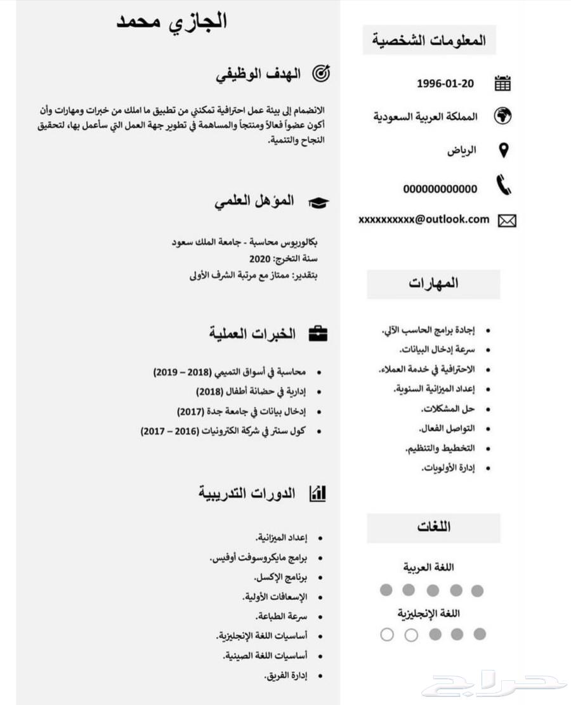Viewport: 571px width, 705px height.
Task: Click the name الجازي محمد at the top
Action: tap(171, 21)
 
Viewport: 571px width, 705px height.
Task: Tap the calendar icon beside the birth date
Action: tap(502, 83)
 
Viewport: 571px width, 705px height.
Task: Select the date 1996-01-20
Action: tap(445, 83)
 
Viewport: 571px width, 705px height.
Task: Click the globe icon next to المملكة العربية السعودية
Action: tap(502, 116)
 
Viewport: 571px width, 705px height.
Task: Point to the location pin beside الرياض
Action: tap(504, 150)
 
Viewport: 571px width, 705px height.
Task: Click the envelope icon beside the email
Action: tap(507, 221)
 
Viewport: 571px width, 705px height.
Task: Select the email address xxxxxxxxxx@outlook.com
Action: tap(424, 219)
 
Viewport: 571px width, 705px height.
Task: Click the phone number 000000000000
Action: tap(440, 189)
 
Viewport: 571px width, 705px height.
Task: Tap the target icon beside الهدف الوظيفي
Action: tap(322, 74)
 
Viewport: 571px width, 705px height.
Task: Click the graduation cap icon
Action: tap(318, 202)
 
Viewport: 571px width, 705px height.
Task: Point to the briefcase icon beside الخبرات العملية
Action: tap(318, 333)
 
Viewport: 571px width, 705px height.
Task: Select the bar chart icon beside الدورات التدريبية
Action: tap(317, 493)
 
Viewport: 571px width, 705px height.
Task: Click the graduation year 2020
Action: tap(259, 259)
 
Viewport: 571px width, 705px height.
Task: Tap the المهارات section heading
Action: tap(433, 283)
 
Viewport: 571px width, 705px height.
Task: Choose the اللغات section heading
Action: tap(433, 527)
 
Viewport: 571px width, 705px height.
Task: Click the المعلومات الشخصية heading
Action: tap(430, 41)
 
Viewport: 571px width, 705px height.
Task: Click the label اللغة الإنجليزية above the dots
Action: tap(429, 614)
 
